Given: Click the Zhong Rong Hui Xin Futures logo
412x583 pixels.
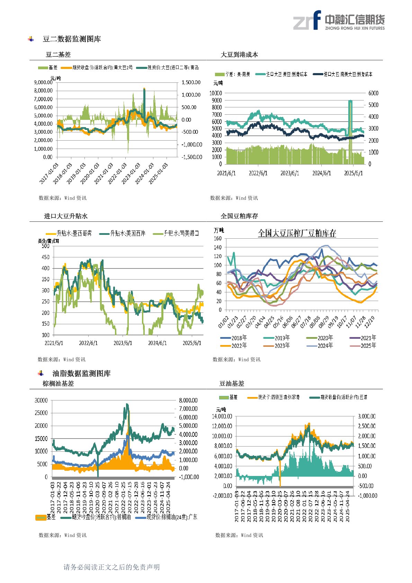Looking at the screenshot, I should click(339, 20).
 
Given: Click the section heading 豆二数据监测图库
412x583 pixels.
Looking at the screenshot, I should click(72, 39).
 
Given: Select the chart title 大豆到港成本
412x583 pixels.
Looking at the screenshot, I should click(239, 55).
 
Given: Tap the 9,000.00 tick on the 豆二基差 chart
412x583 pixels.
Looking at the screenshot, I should click(43, 82).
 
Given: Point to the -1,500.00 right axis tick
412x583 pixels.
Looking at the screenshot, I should click(192, 157).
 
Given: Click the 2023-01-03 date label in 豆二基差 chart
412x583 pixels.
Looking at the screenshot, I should click(131, 173).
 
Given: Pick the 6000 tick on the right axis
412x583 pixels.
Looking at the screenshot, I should click(373, 93).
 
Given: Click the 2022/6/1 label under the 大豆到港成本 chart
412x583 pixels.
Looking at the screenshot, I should click(258, 173).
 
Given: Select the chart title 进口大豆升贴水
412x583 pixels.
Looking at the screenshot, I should click(66, 216).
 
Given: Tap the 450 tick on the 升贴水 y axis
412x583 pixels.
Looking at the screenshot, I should click(45, 257).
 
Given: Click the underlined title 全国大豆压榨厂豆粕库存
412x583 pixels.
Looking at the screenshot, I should click(297, 233).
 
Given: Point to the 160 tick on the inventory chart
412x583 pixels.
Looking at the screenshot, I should click(217, 238).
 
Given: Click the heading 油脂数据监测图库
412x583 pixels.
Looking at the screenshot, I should click(81, 373).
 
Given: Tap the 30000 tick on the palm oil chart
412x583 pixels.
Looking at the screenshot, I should click(41, 400).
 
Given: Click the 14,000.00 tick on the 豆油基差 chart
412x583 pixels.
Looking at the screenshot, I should click(222, 416).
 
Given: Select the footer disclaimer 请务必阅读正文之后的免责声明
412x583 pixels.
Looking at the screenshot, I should click(111, 567).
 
